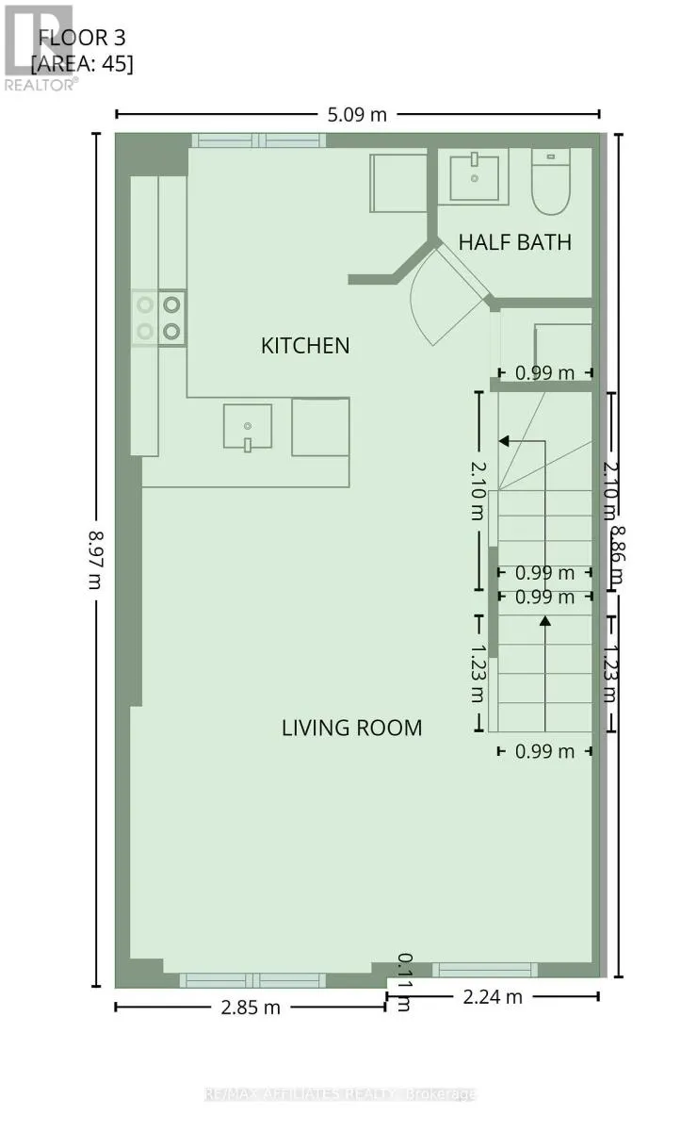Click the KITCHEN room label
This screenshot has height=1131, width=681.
click(x=304, y=346)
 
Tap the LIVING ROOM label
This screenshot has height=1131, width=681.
click(x=351, y=728)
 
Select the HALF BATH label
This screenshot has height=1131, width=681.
click(x=514, y=242)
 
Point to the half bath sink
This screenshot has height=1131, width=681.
click(x=475, y=175)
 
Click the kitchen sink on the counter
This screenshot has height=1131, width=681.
click(x=248, y=427)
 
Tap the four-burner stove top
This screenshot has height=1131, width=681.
click(x=158, y=318)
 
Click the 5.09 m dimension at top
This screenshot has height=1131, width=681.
click(x=358, y=114)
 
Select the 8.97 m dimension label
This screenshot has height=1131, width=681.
click(x=96, y=559)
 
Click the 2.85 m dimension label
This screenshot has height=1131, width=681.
click(x=250, y=1007)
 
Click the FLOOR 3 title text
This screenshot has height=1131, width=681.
click(x=81, y=39)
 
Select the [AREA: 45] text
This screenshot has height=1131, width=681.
click(x=82, y=64)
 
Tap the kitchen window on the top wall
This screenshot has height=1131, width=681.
click(x=258, y=140)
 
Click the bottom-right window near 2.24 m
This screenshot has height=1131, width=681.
click(x=484, y=969)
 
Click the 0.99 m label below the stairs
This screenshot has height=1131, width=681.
click(x=544, y=751)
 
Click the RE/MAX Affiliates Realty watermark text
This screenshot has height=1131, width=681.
click(x=340, y=1094)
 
